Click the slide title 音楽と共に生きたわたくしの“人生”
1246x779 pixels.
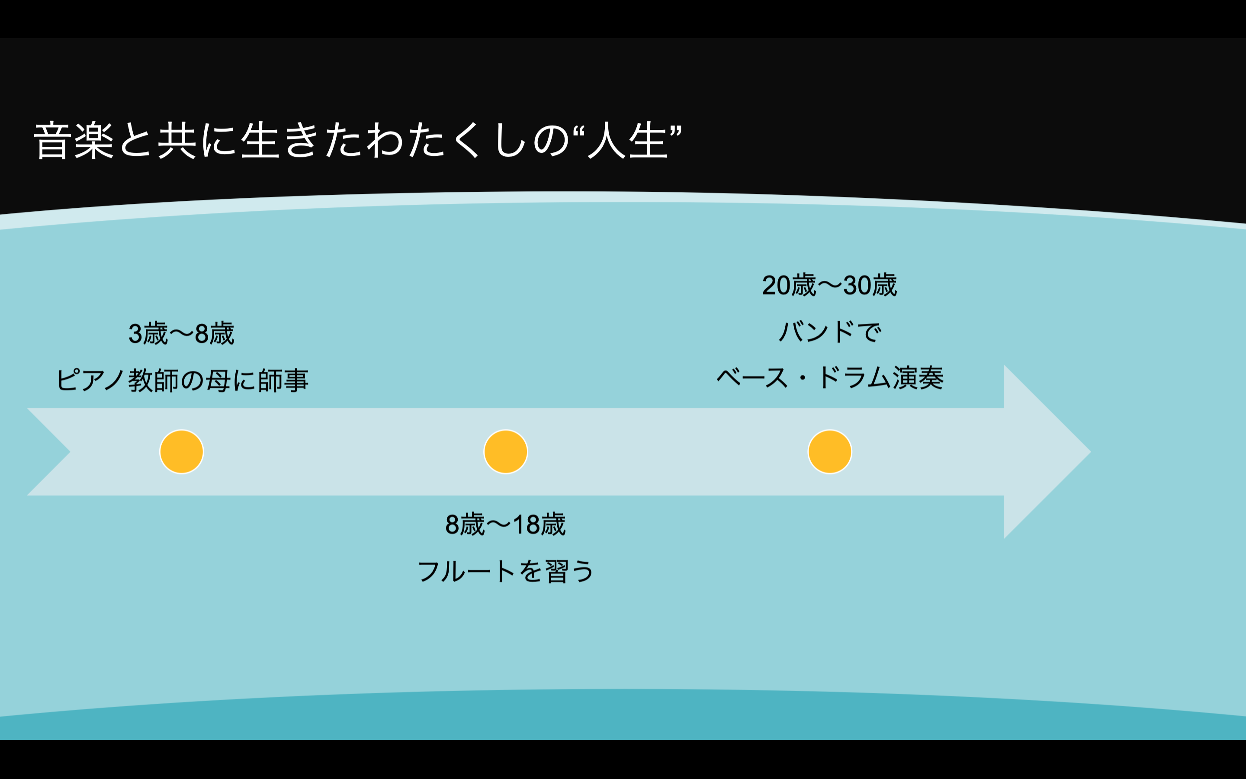pos(358,140)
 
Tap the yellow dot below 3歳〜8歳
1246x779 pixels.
pos(181,452)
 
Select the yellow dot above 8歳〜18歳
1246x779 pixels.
pos(506,452)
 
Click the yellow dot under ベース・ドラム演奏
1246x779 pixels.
pos(829,452)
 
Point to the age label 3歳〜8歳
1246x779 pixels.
pos(181,333)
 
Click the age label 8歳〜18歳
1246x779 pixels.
pos(506,525)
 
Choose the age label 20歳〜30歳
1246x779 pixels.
pos(829,285)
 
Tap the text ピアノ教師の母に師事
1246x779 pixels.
pos(182,381)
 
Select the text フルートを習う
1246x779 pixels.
pos(506,571)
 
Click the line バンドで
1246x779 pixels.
pos(829,331)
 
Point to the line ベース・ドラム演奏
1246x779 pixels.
pos(829,378)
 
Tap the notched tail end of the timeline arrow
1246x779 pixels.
pos(49,452)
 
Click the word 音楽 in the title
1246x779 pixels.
pos(74,140)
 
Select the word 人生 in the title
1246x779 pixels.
pos(628,140)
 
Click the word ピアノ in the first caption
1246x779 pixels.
pos(90,381)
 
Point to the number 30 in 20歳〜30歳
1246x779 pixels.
pos(857,285)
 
